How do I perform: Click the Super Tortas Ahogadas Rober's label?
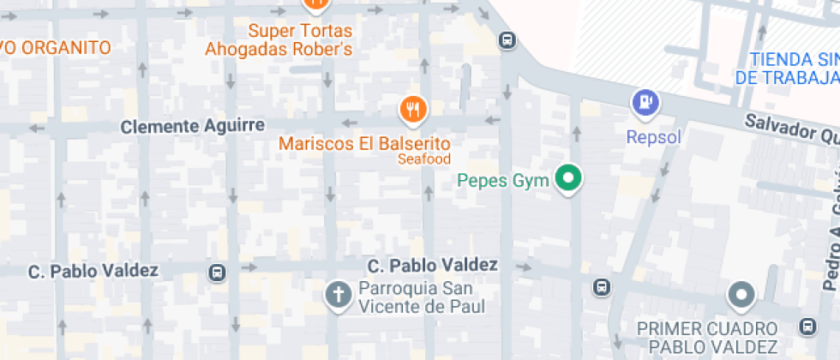click(279, 40)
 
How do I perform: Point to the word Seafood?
click(423, 159)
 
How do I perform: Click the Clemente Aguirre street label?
click(192, 127)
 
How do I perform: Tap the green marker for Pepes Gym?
click(567, 178)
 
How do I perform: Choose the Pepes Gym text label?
click(502, 181)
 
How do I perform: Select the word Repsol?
click(653, 137)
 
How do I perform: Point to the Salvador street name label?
click(789, 129)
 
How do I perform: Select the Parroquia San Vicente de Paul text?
click(423, 297)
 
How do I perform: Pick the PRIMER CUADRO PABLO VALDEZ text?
click(707, 338)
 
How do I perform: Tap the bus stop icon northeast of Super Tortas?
click(507, 39)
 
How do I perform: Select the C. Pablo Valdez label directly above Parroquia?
click(432, 265)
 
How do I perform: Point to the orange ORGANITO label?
click(56, 48)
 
